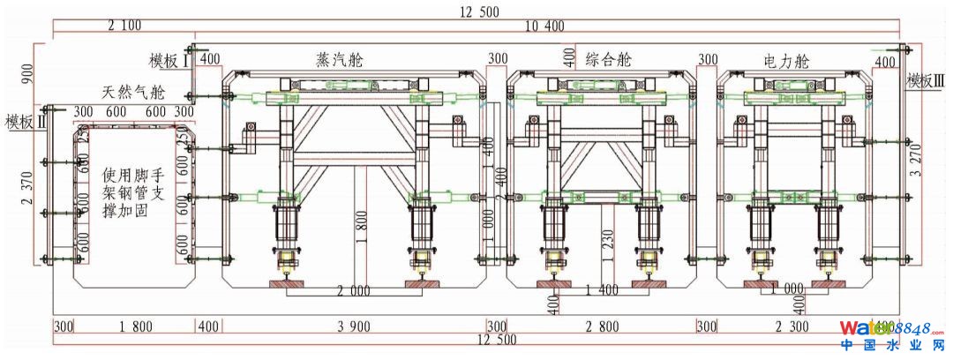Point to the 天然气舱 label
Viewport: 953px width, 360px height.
133,92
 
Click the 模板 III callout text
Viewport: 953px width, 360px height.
927,80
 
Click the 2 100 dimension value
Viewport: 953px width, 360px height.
124,26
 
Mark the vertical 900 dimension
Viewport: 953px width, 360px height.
26,77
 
